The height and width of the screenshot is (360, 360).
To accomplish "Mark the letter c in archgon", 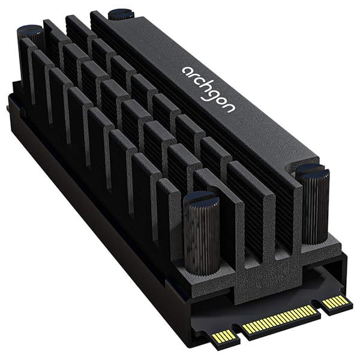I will pyautogui.click(x=199, y=79).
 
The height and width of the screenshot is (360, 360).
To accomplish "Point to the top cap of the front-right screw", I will pyautogui.click(x=313, y=172).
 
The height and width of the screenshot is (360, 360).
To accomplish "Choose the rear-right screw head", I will pyautogui.click(x=121, y=13).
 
